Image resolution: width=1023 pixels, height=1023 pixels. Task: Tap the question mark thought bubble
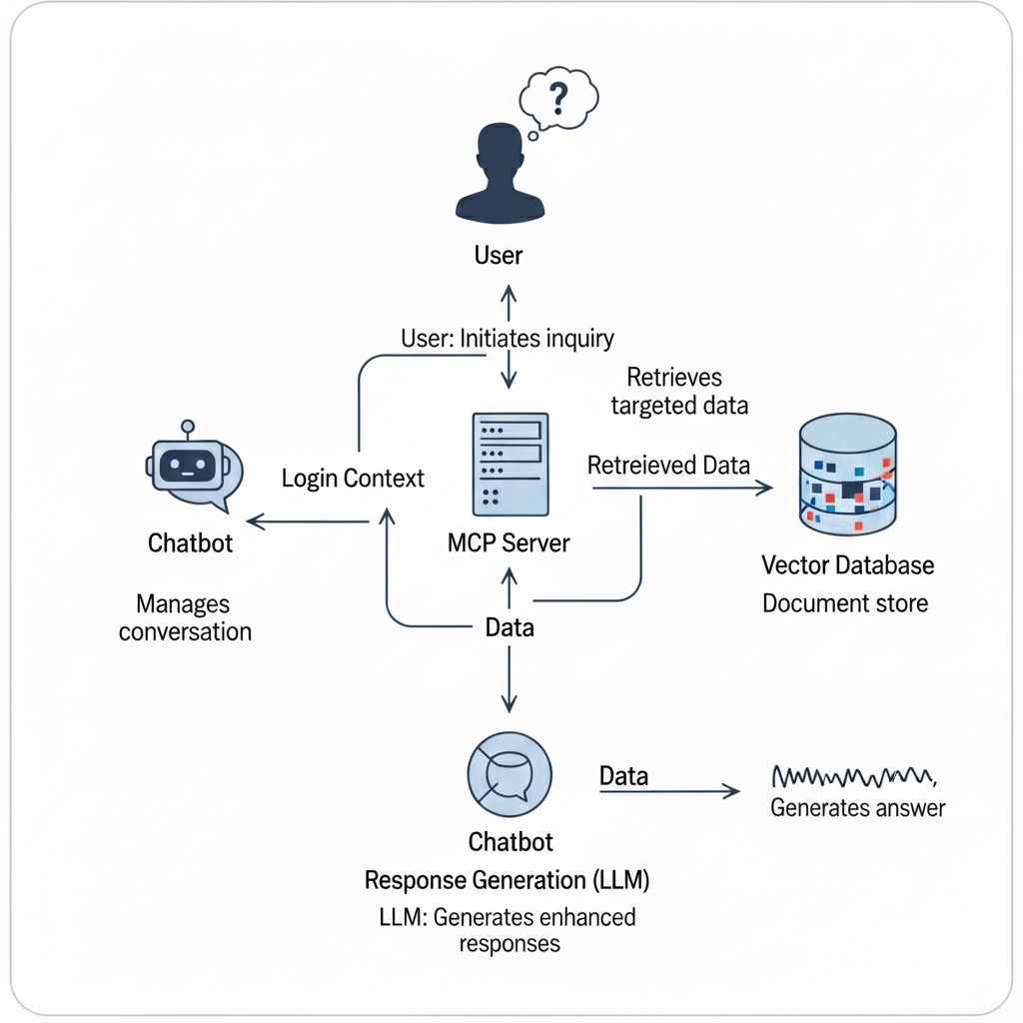pos(559,99)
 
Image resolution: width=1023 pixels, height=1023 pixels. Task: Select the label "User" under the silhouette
pos(499,255)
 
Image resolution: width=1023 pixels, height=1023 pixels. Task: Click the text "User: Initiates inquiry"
pos(507,339)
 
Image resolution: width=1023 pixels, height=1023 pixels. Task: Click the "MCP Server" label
pos(510,543)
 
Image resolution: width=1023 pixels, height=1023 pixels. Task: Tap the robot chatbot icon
pos(193,467)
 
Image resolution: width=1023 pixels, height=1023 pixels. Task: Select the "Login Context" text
pos(353,478)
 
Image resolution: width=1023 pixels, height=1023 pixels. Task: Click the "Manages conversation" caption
pos(184,617)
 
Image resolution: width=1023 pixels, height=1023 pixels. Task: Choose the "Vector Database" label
pos(847,565)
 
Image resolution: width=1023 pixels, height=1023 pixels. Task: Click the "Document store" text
pos(845,603)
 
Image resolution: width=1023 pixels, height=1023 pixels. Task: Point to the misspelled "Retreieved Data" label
pos(668,465)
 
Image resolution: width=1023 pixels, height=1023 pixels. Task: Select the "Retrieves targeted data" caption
pos(678,392)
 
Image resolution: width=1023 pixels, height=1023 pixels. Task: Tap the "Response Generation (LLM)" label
pos(507,880)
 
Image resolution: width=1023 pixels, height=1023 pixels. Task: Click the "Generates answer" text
pos(857,807)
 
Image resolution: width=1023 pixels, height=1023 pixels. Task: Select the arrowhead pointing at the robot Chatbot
pos(254,520)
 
